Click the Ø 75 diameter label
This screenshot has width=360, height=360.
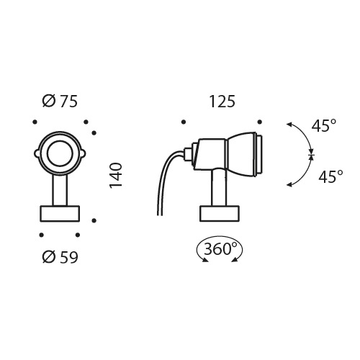(x=60, y=102)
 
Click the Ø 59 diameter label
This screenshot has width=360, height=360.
(x=60, y=256)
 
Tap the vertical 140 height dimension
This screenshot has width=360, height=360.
(x=117, y=176)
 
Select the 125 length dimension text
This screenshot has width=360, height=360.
(x=222, y=102)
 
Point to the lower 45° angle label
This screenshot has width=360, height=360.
(x=330, y=176)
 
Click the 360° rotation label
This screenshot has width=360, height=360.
(x=220, y=249)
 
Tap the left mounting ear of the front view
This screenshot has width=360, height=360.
(x=37, y=153)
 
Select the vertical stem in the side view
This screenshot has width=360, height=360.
(x=217, y=190)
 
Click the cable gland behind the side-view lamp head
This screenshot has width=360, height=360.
(x=190, y=153)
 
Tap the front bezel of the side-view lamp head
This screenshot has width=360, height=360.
(x=258, y=153)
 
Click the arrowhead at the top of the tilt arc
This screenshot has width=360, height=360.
(x=289, y=125)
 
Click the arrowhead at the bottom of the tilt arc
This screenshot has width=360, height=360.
(x=289, y=186)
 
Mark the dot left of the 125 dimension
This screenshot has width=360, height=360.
(x=184, y=121)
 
